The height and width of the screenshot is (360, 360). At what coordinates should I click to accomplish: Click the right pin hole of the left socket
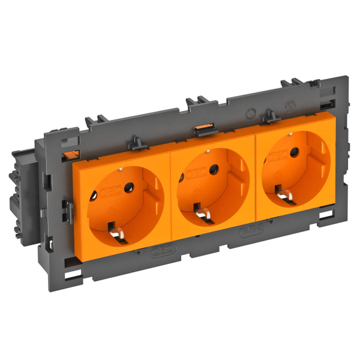127,189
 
